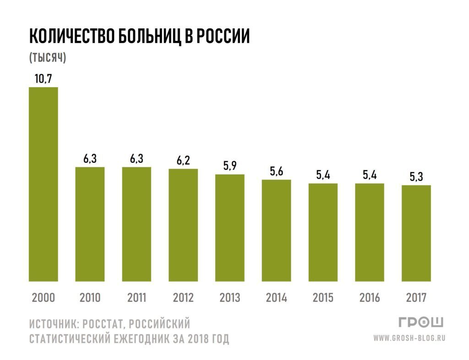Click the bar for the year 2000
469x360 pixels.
pyautogui.click(x=44, y=184)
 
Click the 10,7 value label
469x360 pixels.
pyautogui.click(x=44, y=79)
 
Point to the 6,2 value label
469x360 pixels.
pyautogui.click(x=183, y=161)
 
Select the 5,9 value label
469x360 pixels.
pyautogui.click(x=229, y=166)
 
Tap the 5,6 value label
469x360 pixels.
pyautogui.click(x=276, y=172)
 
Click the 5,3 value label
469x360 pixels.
pyautogui.click(x=416, y=177)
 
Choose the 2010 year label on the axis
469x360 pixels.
pyautogui.click(x=90, y=298)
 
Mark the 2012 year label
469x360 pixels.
pyautogui.click(x=183, y=298)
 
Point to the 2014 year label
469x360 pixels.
pyautogui.click(x=276, y=298)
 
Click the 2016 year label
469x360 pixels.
pyautogui.click(x=370, y=298)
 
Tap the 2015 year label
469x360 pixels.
pyautogui.click(x=323, y=298)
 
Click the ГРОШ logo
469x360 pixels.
pyautogui.click(x=421, y=323)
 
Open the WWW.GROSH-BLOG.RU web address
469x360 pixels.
pyautogui.click(x=409, y=338)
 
